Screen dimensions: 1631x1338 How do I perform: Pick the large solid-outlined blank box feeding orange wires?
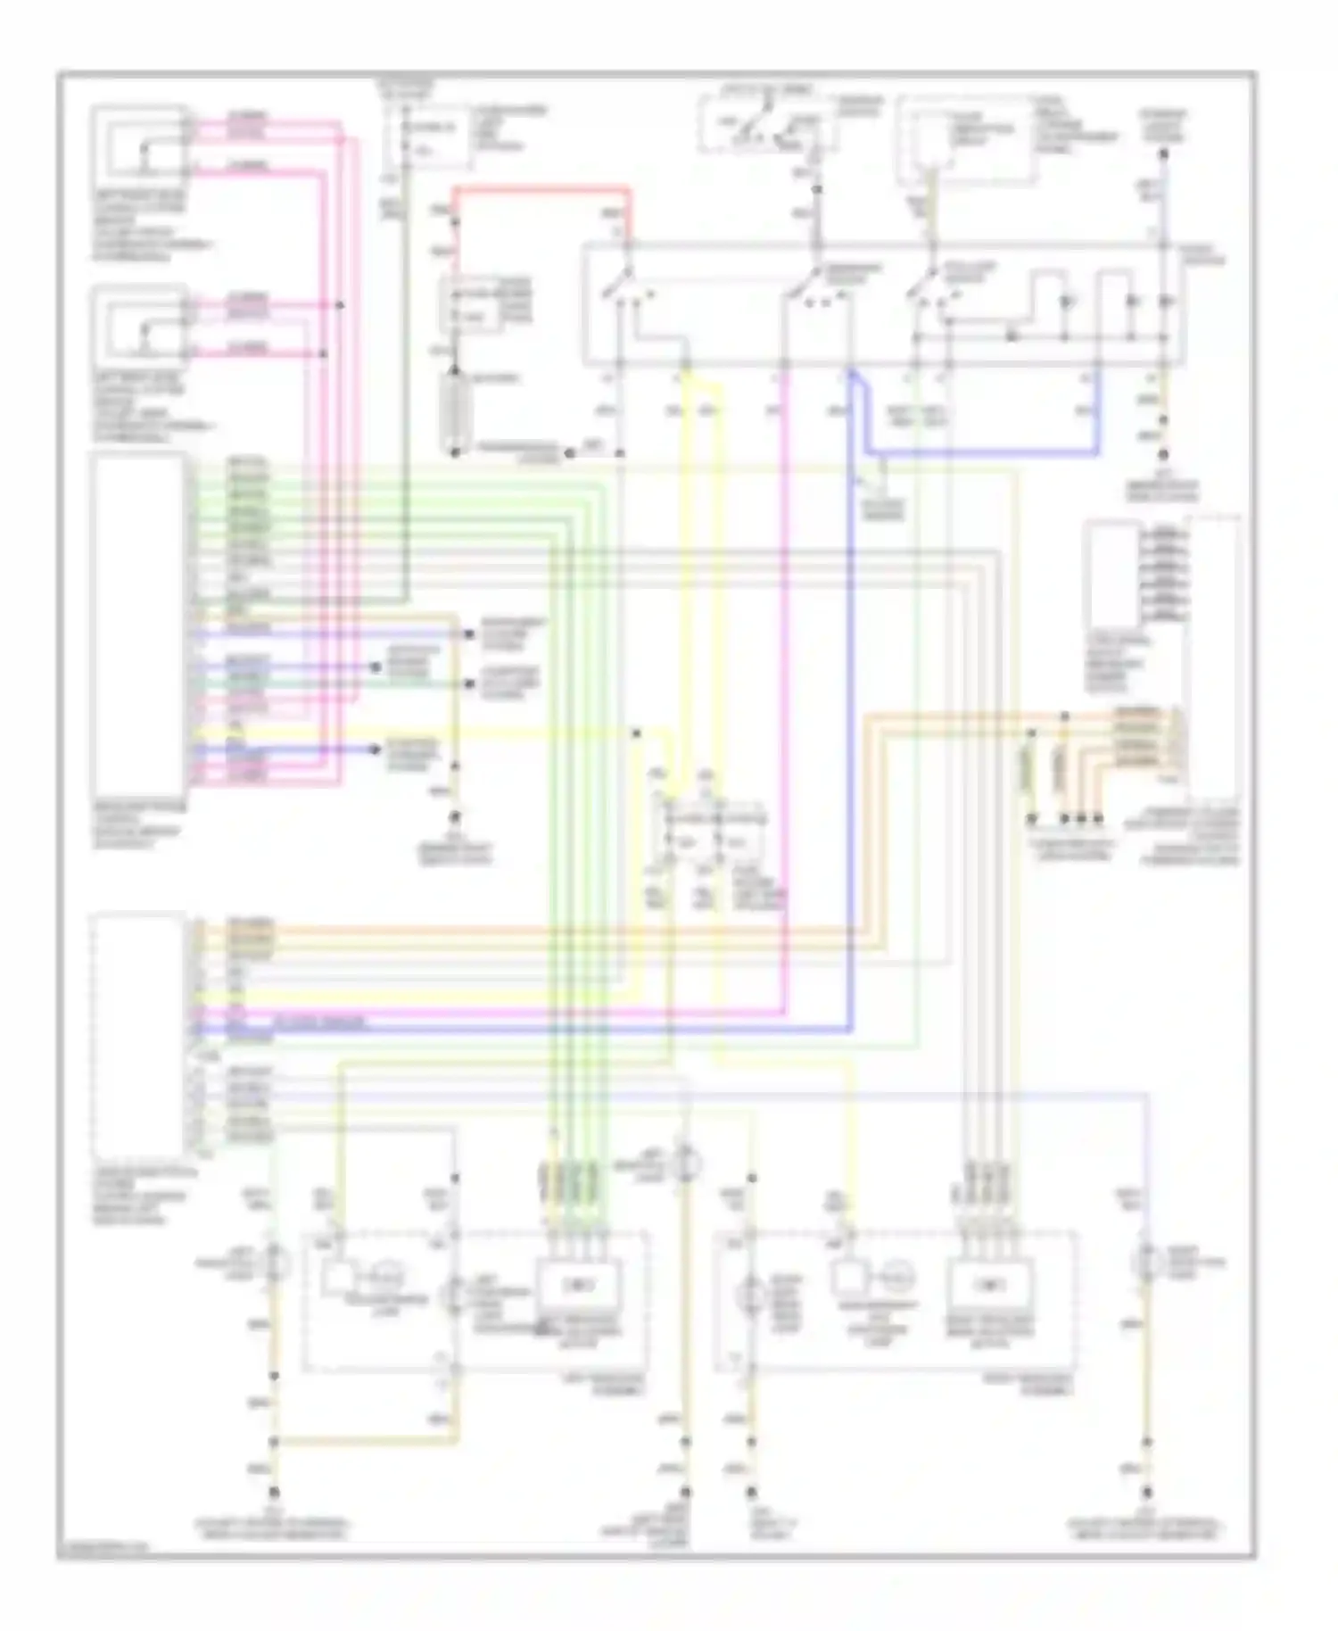(139, 1035)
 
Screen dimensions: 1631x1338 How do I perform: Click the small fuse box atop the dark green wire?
(426, 138)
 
